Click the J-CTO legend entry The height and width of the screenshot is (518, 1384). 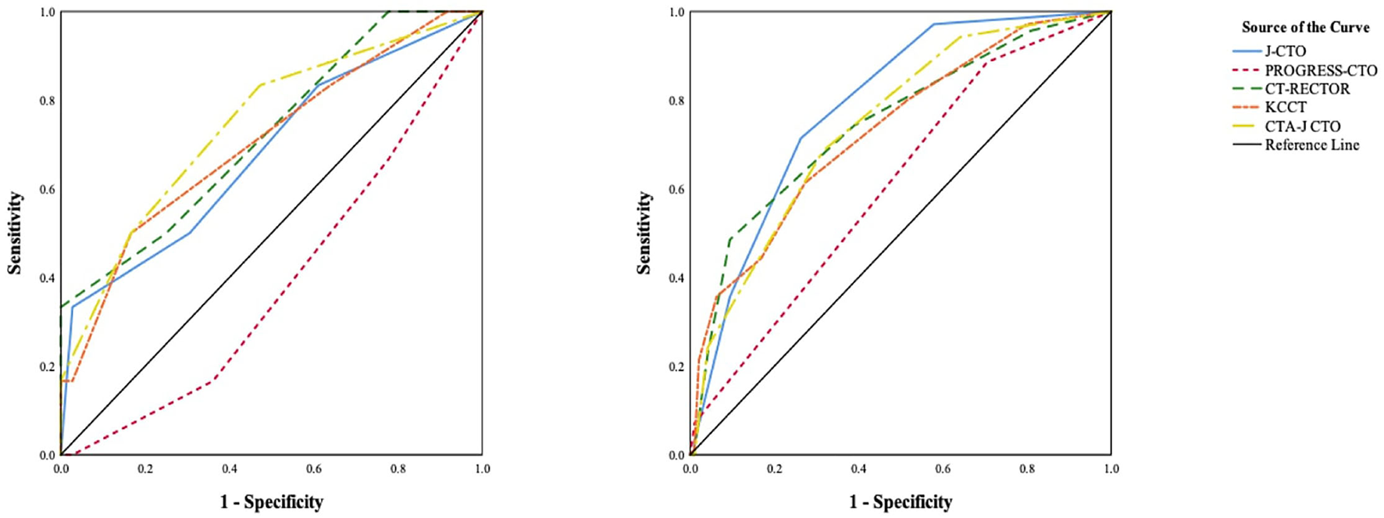coord(1285,52)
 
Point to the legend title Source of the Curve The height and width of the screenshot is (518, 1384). coord(1305,27)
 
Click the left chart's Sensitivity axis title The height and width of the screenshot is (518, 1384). coord(14,233)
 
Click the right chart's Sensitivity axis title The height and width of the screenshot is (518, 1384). coord(644,233)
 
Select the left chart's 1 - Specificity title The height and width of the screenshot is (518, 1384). coord(271,502)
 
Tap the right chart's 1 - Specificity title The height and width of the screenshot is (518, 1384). coord(901,502)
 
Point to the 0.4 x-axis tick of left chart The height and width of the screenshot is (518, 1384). coord(229,470)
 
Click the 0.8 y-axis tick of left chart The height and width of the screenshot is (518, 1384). coord(46,101)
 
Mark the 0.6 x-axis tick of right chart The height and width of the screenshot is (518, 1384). coord(943,470)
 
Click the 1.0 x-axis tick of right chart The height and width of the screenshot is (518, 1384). coord(1111,470)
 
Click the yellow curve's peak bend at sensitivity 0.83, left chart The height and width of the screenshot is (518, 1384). coord(260,84)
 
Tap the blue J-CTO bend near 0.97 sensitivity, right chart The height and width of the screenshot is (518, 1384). coord(933,24)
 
